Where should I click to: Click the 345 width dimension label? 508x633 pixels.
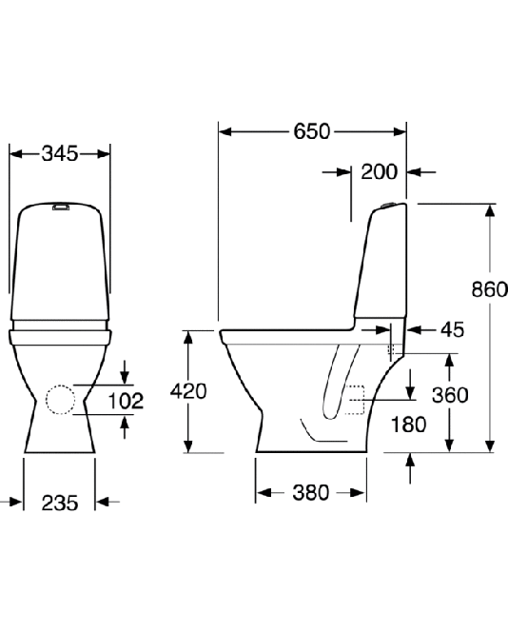(x=60, y=153)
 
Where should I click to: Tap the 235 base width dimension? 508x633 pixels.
(x=60, y=503)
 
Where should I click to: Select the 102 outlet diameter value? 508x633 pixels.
(x=126, y=401)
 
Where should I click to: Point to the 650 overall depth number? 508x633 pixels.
(x=312, y=131)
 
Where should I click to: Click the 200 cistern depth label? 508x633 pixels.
(x=379, y=172)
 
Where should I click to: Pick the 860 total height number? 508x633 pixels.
(x=489, y=289)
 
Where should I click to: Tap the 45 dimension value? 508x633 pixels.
(x=452, y=329)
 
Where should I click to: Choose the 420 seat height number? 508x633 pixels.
(x=188, y=391)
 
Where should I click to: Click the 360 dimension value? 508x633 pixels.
(x=450, y=395)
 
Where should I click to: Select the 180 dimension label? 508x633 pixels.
(x=408, y=425)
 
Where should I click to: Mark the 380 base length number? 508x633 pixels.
(x=311, y=492)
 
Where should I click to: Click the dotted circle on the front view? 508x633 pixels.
(x=61, y=386)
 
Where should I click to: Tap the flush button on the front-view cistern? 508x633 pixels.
(x=61, y=207)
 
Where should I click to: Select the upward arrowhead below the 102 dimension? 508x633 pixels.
(x=125, y=423)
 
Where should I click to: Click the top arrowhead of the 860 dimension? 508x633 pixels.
(x=490, y=211)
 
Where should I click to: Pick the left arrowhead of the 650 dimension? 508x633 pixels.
(x=225, y=131)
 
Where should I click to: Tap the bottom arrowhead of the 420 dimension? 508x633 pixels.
(x=187, y=445)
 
